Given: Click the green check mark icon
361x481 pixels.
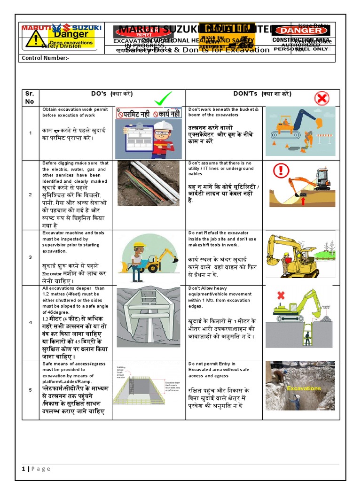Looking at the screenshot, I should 162,99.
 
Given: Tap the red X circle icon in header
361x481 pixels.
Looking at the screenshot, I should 322,98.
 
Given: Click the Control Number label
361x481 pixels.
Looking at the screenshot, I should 45,58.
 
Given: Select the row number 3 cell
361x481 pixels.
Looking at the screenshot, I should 30,257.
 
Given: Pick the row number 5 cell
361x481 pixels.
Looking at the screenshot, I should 30,389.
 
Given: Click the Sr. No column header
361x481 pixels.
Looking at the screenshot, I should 30,98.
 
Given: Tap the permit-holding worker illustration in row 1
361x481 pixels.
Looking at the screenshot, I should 149,133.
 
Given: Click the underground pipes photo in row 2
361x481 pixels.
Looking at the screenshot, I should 149,183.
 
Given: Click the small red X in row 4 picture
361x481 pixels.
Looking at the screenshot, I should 281,295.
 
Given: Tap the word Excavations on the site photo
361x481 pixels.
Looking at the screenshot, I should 304,388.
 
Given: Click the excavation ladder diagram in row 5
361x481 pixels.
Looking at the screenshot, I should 149,390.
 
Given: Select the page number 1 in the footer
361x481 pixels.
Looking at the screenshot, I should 23,469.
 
